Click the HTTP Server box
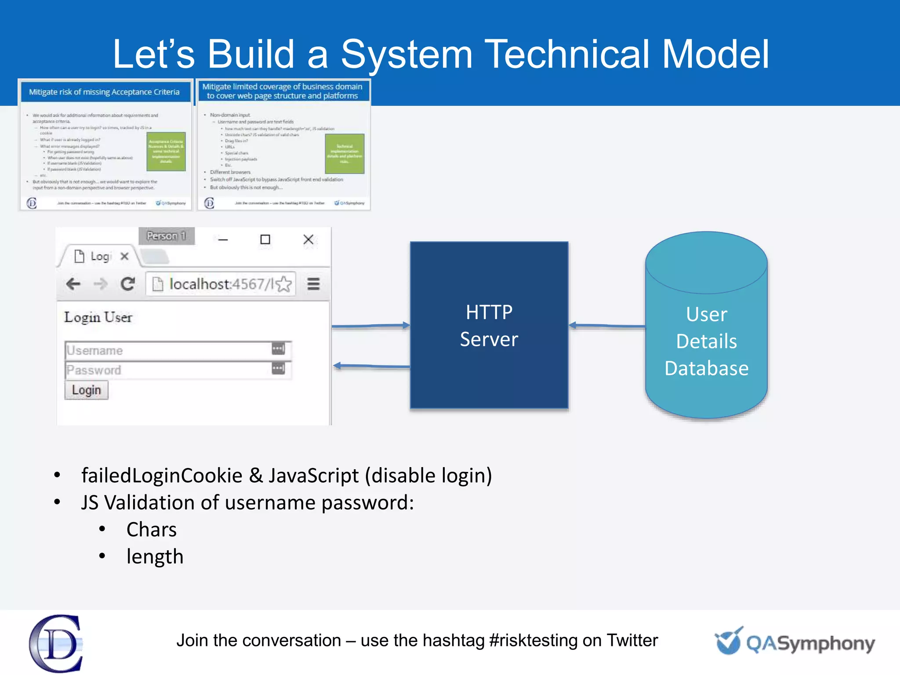489,325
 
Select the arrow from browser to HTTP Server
370,326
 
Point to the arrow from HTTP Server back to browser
371,366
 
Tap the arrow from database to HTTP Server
606,326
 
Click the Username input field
169,350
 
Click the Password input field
169,370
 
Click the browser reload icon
128,284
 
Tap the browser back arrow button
73,284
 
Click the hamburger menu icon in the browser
313,284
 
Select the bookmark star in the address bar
284,284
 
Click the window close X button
308,240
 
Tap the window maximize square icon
265,240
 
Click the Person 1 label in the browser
166,236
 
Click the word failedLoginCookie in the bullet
162,475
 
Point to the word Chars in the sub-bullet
151,530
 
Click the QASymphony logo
795,642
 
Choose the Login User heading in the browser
98,317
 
